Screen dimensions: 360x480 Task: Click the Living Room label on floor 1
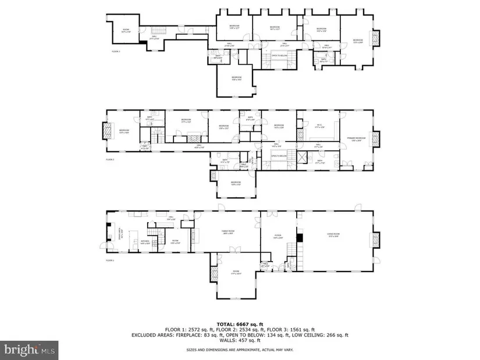333,234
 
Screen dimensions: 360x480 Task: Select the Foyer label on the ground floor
278,237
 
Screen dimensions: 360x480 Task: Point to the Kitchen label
145,241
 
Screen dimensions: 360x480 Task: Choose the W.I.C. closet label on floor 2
319,125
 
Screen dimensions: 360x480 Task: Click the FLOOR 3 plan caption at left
115,52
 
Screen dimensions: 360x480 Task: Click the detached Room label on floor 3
126,31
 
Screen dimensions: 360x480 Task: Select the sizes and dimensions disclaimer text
239,350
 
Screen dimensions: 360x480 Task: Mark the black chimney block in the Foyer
300,237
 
